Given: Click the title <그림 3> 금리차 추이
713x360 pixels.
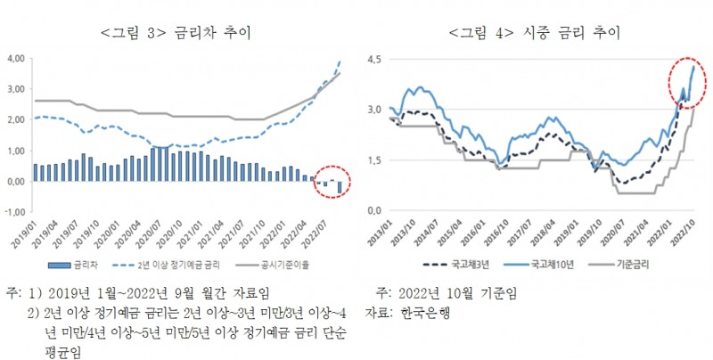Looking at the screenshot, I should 176,34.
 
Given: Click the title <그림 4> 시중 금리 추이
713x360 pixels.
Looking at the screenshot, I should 535,34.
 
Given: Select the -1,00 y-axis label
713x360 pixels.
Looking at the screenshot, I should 15,211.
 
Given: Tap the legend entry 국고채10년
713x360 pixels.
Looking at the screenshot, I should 553,265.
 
